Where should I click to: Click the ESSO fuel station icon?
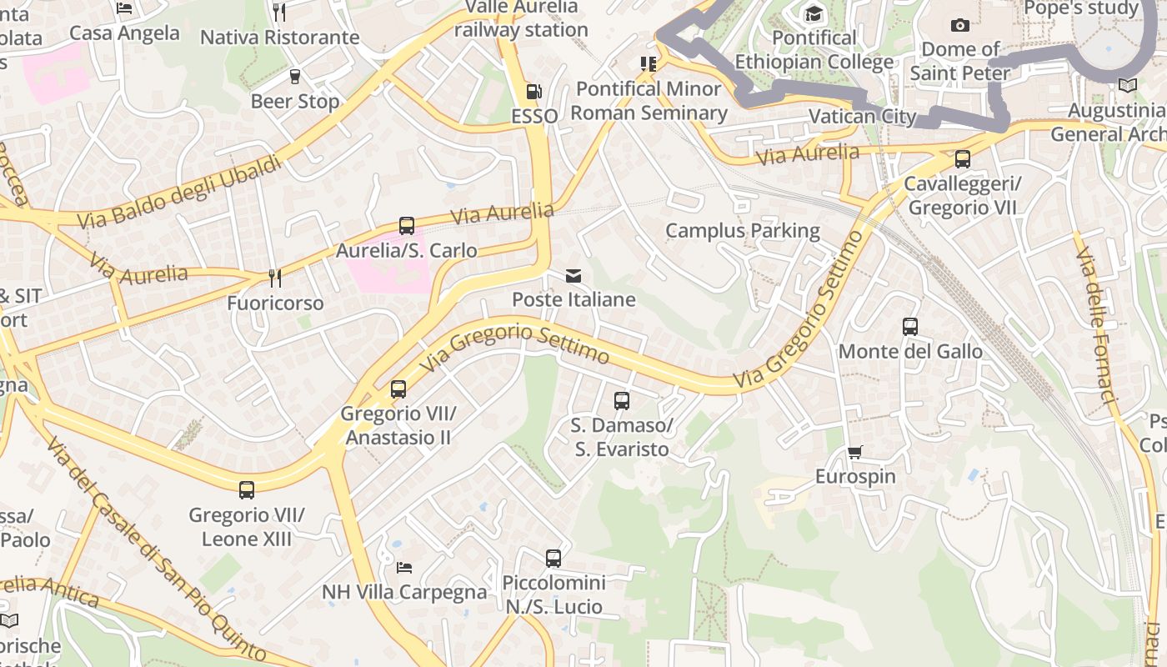click(533, 92)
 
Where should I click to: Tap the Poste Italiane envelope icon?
click(573, 275)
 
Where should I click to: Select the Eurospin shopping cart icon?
click(854, 453)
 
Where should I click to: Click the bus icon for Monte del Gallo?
click(910, 327)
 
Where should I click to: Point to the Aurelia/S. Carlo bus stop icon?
click(406, 226)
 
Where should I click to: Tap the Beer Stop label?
click(295, 102)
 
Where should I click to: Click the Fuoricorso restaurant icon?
click(274, 278)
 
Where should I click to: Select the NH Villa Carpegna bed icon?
click(404, 568)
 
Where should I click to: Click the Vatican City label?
click(863, 116)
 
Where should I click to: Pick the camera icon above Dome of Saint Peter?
click(959, 25)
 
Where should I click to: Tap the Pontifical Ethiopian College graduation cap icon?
click(813, 13)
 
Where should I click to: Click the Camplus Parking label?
click(742, 230)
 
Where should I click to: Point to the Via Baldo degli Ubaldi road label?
click(179, 193)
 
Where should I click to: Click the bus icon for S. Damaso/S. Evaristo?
click(622, 401)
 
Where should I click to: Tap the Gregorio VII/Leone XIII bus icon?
click(247, 490)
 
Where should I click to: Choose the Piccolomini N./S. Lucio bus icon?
click(553, 559)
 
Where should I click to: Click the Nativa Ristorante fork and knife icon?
click(279, 12)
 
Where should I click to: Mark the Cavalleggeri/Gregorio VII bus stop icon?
click(963, 158)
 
